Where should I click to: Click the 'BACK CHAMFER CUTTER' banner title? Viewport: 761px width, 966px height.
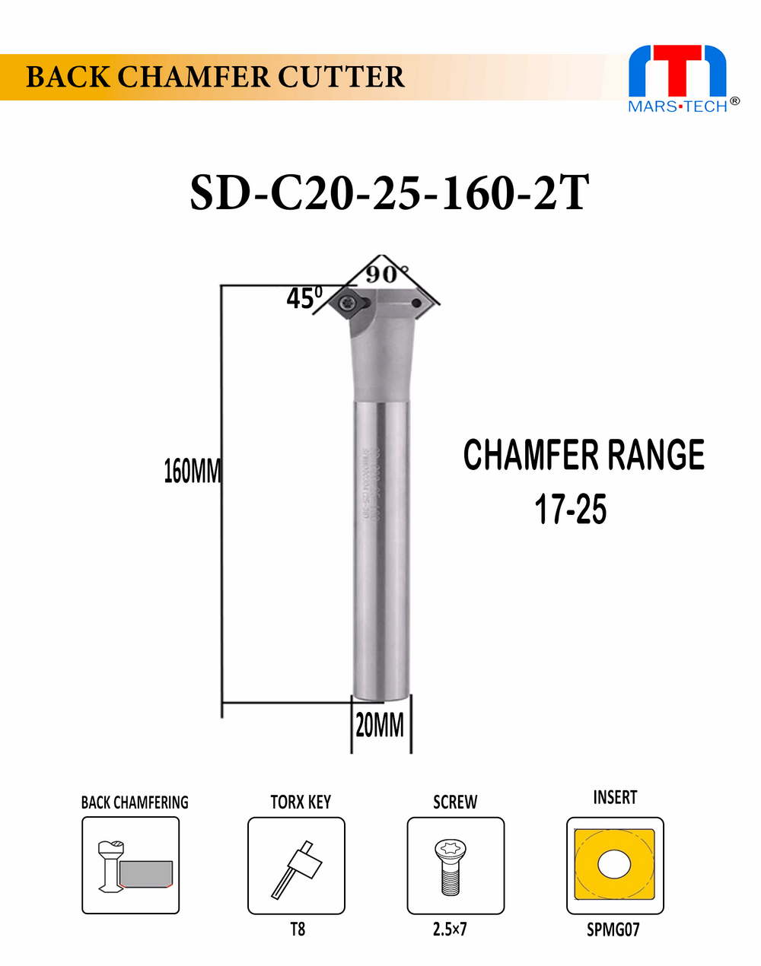click(215, 78)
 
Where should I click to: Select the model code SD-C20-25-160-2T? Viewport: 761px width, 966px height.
click(389, 193)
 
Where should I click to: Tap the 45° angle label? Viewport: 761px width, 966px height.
click(304, 297)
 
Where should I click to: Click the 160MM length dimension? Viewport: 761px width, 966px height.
click(192, 472)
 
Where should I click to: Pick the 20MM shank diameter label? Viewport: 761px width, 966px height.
click(380, 726)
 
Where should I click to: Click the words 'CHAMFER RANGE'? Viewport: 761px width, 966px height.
click(584, 455)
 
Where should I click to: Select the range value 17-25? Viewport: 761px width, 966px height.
click(570, 509)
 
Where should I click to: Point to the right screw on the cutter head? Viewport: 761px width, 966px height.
click(416, 304)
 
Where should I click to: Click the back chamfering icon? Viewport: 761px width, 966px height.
click(131, 866)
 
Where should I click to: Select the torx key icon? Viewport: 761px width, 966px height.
click(296, 866)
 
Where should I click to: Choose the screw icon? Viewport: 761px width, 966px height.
click(455, 866)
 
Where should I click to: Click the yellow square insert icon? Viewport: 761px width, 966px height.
click(615, 865)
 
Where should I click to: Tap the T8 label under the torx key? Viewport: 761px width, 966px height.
click(298, 929)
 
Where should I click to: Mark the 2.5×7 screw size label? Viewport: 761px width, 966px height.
click(450, 929)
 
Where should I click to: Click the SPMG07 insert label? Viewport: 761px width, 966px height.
click(613, 929)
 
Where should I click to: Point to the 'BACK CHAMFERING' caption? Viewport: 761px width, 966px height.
click(135, 802)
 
